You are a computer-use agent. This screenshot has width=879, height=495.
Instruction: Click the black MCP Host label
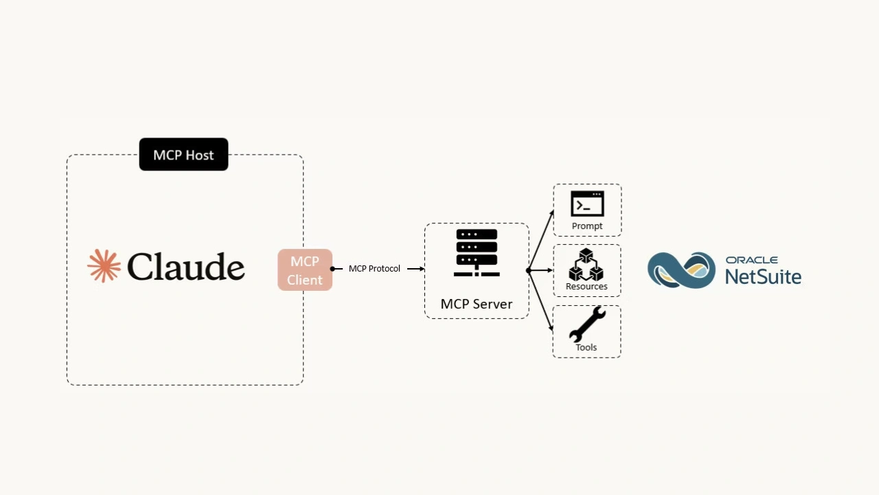click(x=183, y=155)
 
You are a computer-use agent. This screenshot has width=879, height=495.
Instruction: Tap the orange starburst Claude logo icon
click(x=104, y=266)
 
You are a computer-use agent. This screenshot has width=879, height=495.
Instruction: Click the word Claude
click(x=185, y=267)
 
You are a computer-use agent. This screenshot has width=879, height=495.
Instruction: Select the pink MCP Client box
click(x=305, y=270)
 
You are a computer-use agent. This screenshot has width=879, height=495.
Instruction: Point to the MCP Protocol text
click(x=374, y=268)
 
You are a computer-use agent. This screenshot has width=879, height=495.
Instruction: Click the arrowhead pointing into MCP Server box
click(x=420, y=269)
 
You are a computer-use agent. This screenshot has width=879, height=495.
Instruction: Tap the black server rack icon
click(x=477, y=253)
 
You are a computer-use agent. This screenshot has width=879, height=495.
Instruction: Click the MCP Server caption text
click(x=477, y=304)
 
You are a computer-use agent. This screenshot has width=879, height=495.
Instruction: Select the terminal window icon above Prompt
click(x=587, y=204)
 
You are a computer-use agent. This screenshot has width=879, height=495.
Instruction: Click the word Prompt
click(x=587, y=226)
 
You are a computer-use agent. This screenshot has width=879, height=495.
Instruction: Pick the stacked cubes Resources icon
click(x=586, y=265)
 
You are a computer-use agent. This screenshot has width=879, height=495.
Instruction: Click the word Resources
click(x=586, y=286)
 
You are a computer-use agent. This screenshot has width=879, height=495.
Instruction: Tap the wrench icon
click(x=587, y=324)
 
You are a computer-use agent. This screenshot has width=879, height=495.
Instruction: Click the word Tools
click(x=586, y=347)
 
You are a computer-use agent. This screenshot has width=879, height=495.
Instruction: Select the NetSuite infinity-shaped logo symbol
click(x=681, y=269)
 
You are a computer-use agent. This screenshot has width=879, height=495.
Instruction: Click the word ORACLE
click(x=752, y=260)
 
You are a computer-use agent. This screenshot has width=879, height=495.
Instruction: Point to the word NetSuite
click(x=763, y=276)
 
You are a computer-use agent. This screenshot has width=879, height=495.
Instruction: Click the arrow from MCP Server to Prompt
click(x=540, y=241)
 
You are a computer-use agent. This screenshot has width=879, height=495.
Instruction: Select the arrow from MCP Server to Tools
click(x=540, y=301)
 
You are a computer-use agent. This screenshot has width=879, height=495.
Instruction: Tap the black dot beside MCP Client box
click(x=332, y=269)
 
